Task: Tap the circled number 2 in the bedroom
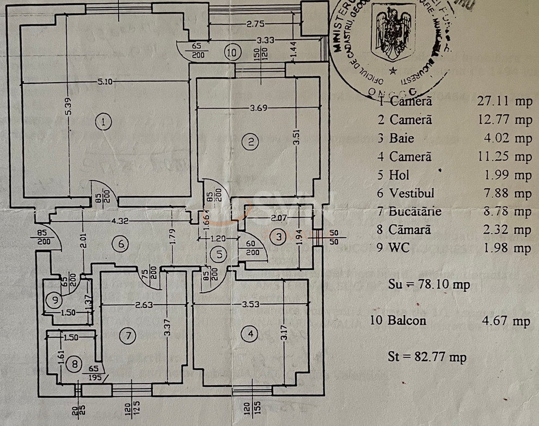[x=250, y=143]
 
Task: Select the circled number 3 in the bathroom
[x=279, y=236]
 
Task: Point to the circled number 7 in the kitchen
[x=128, y=336]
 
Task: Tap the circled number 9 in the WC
[x=53, y=298]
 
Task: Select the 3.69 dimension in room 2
[x=260, y=108]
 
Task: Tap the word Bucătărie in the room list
[x=415, y=211]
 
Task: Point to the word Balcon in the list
[x=407, y=320]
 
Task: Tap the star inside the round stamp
[x=391, y=70]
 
